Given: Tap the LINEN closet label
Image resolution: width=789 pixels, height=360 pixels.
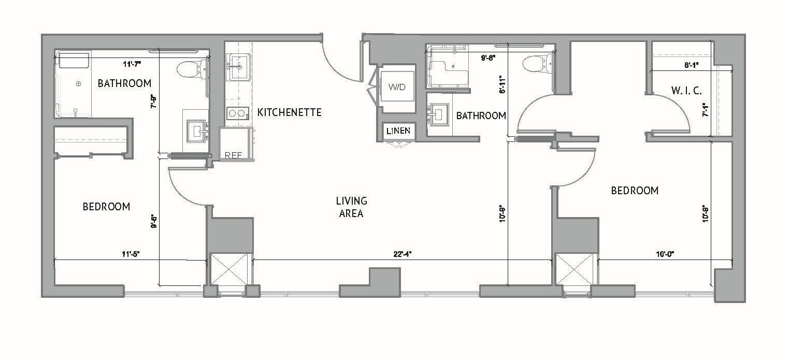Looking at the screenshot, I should tap(398, 131).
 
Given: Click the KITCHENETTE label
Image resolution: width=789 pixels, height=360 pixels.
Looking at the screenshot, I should tap(290, 112).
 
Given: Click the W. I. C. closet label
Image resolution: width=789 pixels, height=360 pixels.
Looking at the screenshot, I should tap(686, 91).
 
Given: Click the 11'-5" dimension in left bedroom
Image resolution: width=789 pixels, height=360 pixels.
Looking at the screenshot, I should tap(131, 254).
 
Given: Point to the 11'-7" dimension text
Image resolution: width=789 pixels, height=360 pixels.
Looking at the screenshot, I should tap(132, 64).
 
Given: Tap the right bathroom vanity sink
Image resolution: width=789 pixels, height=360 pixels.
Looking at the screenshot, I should tap(439, 114).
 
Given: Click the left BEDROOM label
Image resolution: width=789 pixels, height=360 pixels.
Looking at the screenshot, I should tap(106, 207).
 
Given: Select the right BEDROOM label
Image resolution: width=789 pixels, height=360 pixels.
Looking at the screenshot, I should tap(635, 191).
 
